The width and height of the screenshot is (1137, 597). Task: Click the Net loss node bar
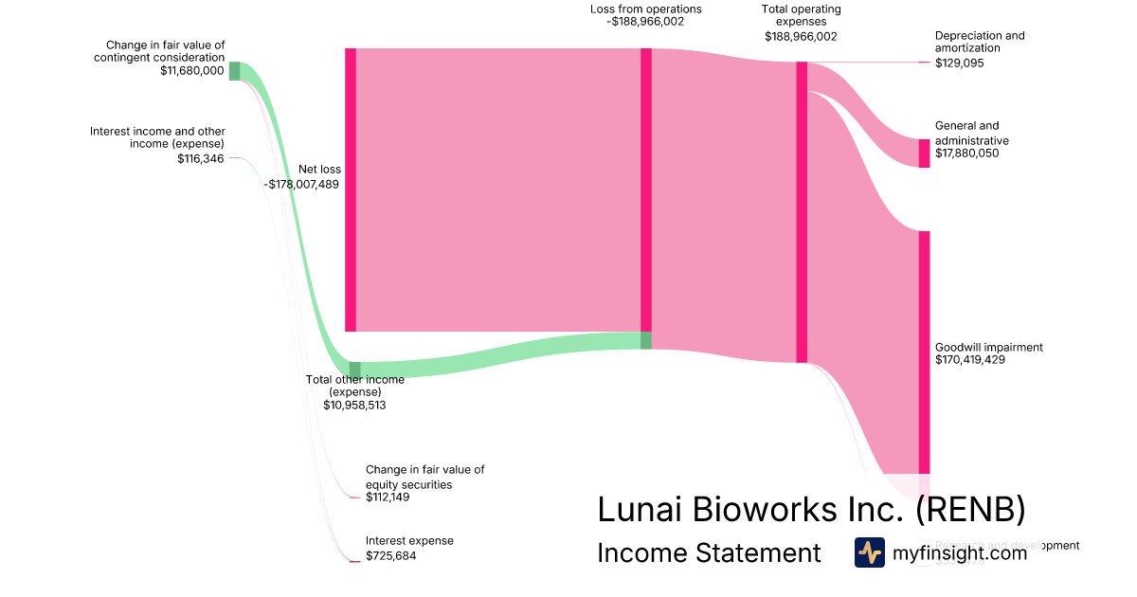[x=351, y=190]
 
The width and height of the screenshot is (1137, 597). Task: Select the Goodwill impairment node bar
[x=924, y=352]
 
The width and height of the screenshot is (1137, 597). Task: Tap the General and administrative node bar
[x=924, y=154]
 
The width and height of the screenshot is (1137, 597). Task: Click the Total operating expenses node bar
[x=802, y=212]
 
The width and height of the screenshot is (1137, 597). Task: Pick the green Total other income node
[x=355, y=370]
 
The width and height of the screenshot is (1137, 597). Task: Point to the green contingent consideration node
[x=234, y=71]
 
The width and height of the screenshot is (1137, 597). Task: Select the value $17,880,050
[x=966, y=154]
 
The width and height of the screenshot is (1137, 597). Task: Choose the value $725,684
[x=390, y=555]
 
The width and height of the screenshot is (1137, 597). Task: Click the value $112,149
[x=389, y=497]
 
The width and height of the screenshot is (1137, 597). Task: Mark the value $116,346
[x=201, y=158]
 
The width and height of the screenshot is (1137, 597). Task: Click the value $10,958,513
[x=354, y=405]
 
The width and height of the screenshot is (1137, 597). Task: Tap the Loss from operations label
[x=645, y=9]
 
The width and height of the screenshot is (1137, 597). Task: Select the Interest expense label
[x=409, y=541]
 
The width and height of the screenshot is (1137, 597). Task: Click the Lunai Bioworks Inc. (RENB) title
[x=811, y=510]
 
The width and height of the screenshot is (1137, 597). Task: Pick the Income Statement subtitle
[x=709, y=553]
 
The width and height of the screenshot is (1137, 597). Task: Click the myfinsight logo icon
[x=869, y=552]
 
